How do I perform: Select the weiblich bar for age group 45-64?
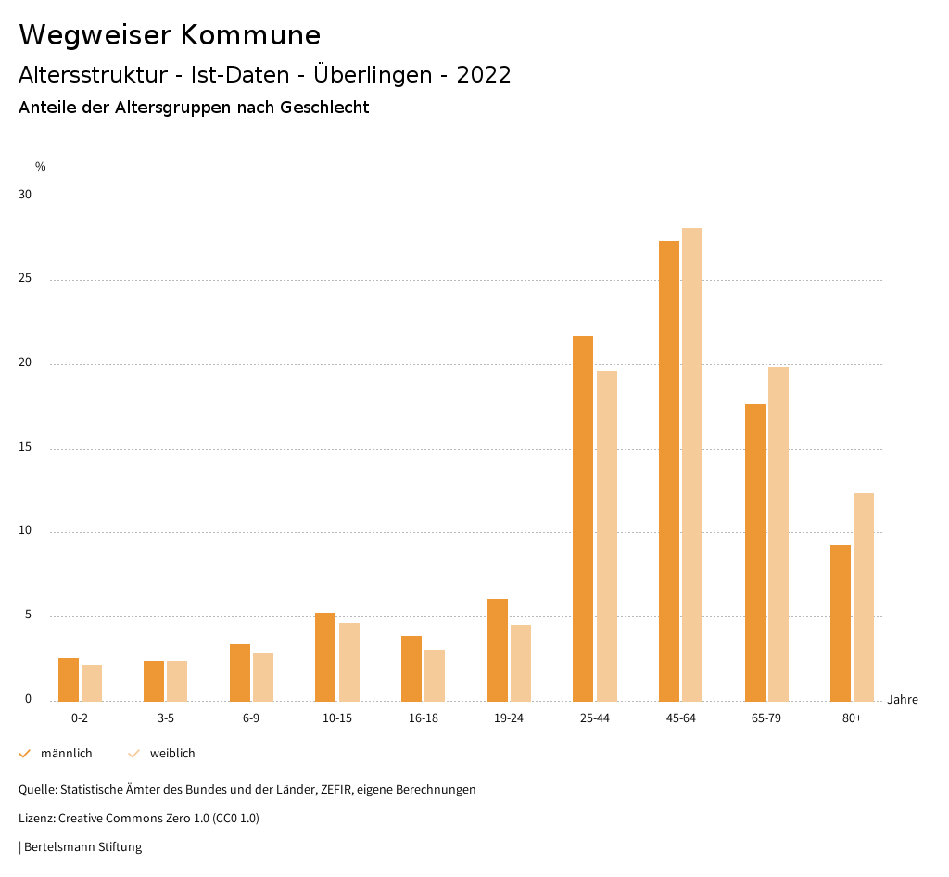(x=692, y=464)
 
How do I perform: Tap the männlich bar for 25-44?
(x=583, y=518)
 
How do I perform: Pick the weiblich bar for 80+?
(x=864, y=597)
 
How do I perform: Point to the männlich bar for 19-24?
(x=498, y=650)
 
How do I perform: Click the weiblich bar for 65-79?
(x=778, y=534)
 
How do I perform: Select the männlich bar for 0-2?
(x=69, y=680)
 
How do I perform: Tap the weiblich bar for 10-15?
(x=349, y=662)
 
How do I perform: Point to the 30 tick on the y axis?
(x=25, y=196)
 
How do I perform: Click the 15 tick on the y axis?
(x=25, y=448)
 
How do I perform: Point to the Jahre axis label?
(x=903, y=700)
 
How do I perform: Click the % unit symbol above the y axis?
(x=41, y=167)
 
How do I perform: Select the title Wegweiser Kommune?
(x=170, y=35)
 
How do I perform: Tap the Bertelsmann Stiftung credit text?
(x=82, y=847)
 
